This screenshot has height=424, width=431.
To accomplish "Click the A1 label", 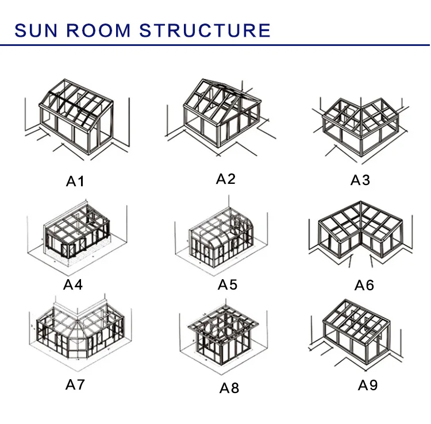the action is pos(75,182).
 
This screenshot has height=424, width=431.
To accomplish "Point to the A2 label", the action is pos(226,179).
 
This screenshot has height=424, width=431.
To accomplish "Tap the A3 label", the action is pos(361,180).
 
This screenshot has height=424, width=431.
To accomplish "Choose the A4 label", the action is pos(74,284).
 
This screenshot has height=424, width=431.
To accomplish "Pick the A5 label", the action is pos(228,284).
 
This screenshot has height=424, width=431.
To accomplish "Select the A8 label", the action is pos(229,388).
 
